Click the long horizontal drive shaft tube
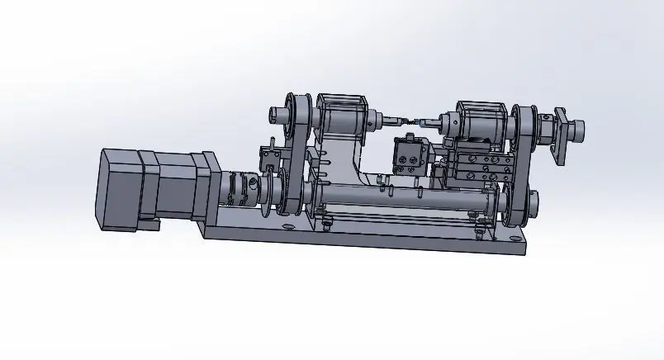coord(396,198)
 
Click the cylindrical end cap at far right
coord(577,127)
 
